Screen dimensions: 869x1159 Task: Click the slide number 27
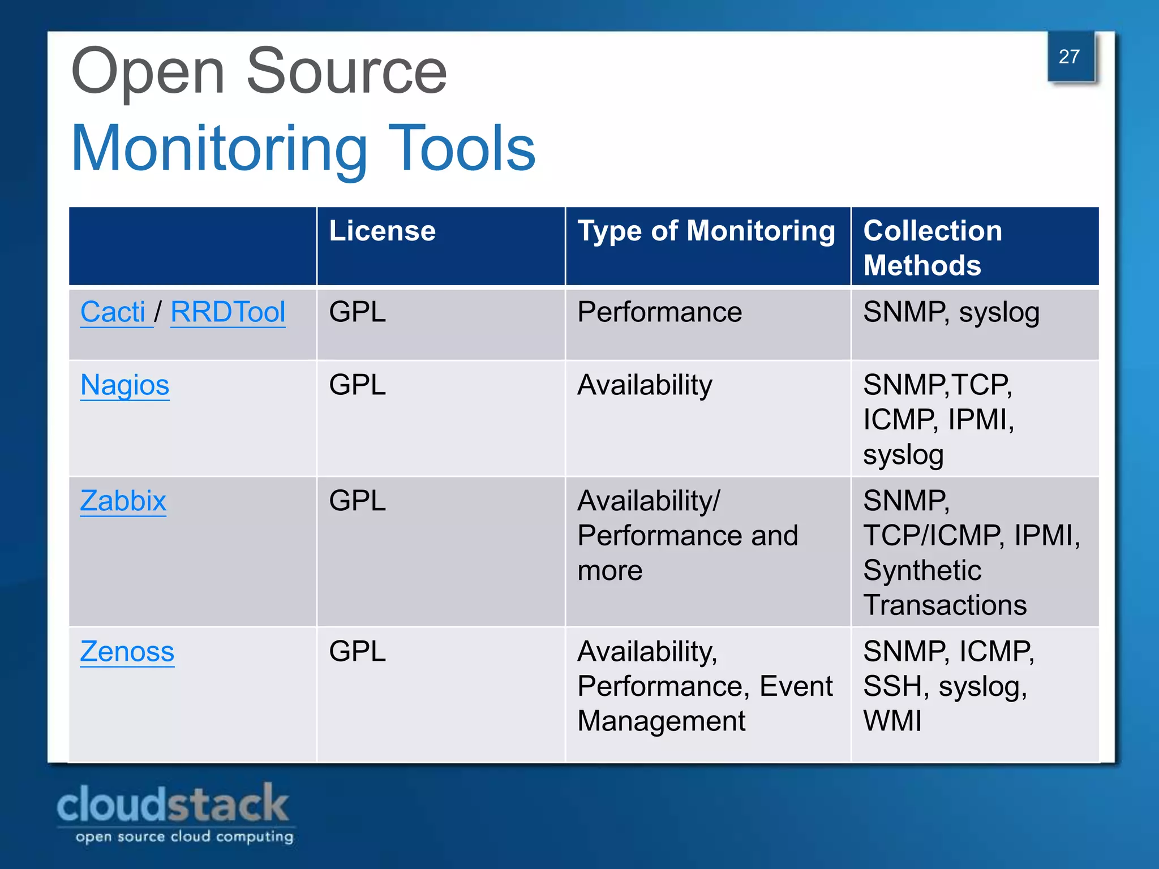pyautogui.click(x=1069, y=57)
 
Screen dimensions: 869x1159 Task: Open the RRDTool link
pyautogui.click(x=227, y=312)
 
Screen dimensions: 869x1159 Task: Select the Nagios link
pyautogui.click(x=125, y=385)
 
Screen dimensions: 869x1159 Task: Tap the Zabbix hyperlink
pyautogui.click(x=123, y=501)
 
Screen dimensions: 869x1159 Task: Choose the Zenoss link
pyautogui.click(x=127, y=651)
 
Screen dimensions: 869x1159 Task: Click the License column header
pyautogui.click(x=382, y=231)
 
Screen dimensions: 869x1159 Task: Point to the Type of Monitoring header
pyautogui.click(x=706, y=231)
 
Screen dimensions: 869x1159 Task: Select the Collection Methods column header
pyautogui.click(x=932, y=248)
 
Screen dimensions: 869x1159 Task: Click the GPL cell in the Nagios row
pyautogui.click(x=357, y=385)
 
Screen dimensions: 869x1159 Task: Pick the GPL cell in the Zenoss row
pyautogui.click(x=357, y=651)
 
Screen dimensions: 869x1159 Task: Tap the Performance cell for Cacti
pyautogui.click(x=659, y=312)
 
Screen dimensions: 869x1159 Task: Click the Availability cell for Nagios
pyautogui.click(x=645, y=385)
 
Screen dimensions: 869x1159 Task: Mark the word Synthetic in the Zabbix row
pyautogui.click(x=922, y=570)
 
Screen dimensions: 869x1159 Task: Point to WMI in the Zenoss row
pyautogui.click(x=892, y=721)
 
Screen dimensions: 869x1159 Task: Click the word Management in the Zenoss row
pyautogui.click(x=661, y=721)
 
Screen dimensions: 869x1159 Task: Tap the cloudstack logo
pyautogui.click(x=174, y=812)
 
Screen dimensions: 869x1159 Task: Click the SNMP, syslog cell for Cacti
pyautogui.click(x=951, y=312)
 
